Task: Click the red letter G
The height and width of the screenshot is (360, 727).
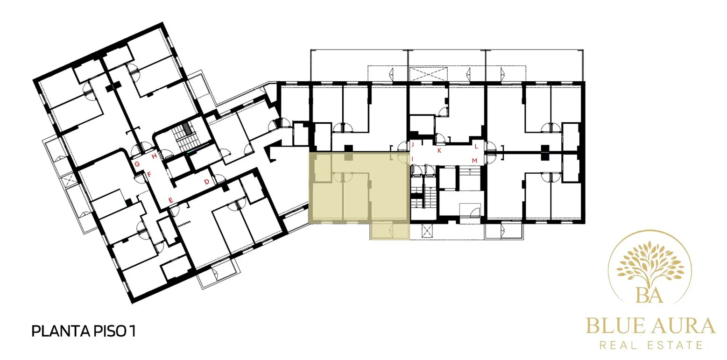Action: [x=137, y=164]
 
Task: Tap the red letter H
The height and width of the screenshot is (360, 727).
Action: [x=155, y=156]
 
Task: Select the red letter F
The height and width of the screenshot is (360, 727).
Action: [x=149, y=174]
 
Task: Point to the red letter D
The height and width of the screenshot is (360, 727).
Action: [x=207, y=182]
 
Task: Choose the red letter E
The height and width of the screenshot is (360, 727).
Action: [x=171, y=200]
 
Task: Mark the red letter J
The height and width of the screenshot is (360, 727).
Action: [x=413, y=144]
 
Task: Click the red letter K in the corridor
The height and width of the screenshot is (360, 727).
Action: [x=439, y=151]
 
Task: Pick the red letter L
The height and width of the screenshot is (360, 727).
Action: [x=476, y=147]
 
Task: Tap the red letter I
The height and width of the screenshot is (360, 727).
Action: [x=412, y=159]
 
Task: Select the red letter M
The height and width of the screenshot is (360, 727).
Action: [x=475, y=161]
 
